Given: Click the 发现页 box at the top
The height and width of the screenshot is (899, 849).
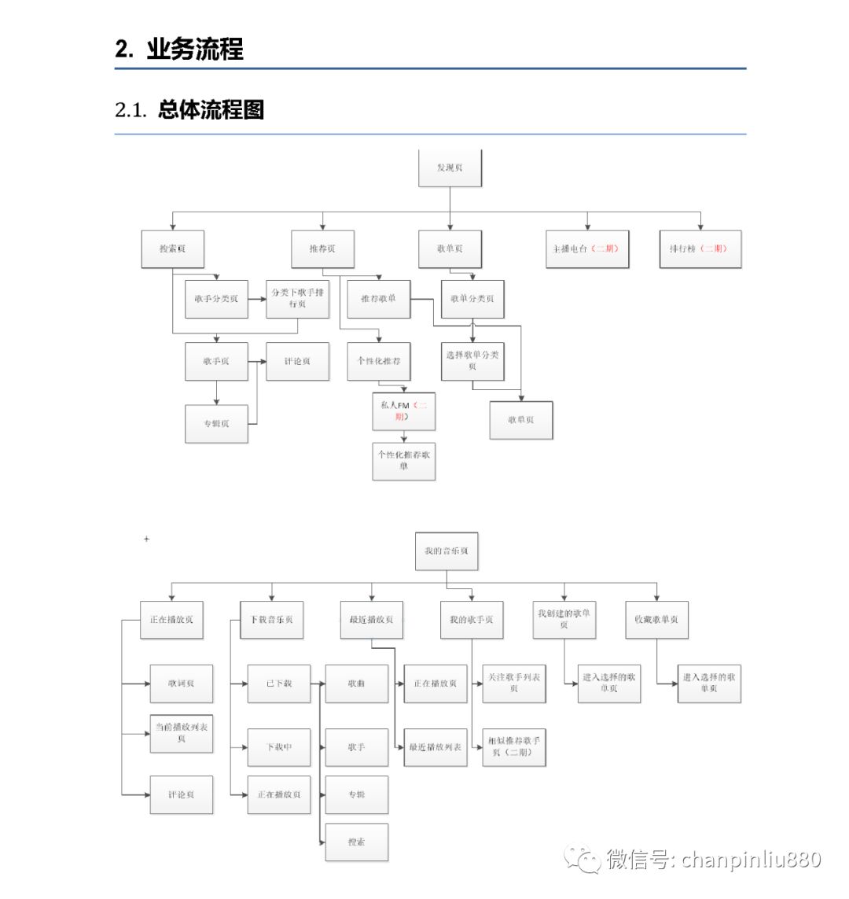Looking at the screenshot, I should point(450,168).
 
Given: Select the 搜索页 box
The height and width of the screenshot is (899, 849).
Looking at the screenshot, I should point(172,249).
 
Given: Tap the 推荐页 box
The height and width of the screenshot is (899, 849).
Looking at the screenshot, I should point(322,249).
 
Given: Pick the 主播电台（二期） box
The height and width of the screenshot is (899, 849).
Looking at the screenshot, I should point(586,249).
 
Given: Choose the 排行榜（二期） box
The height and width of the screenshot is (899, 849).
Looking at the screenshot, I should point(700,249).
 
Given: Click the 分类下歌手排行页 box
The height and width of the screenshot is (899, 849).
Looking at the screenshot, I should point(297,299).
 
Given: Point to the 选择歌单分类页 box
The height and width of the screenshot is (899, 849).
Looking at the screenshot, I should point(472,360).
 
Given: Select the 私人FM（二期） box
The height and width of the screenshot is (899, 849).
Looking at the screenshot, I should point(403,411).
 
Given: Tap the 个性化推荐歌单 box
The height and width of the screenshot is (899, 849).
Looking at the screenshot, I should point(403,460).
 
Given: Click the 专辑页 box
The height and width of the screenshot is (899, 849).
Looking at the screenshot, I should point(216,423).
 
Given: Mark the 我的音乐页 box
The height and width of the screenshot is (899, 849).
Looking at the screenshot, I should point(446,551).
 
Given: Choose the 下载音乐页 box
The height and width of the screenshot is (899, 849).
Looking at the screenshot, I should point(271,620).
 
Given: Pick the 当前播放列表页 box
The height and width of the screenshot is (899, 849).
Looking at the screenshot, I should point(182,732).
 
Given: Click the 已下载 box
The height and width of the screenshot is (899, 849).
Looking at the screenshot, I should point(278,683).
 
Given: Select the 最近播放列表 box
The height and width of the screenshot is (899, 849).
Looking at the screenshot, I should point(436,746).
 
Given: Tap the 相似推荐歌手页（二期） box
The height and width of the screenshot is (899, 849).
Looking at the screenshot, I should point(513,746).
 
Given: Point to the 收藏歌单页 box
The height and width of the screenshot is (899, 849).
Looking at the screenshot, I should point(656,620).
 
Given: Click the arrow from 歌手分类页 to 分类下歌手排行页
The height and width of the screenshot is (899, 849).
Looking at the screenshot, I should point(256,299).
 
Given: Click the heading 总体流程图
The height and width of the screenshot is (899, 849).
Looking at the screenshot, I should point(210,110).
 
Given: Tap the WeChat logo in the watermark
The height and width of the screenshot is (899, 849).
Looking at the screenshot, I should point(583,860).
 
